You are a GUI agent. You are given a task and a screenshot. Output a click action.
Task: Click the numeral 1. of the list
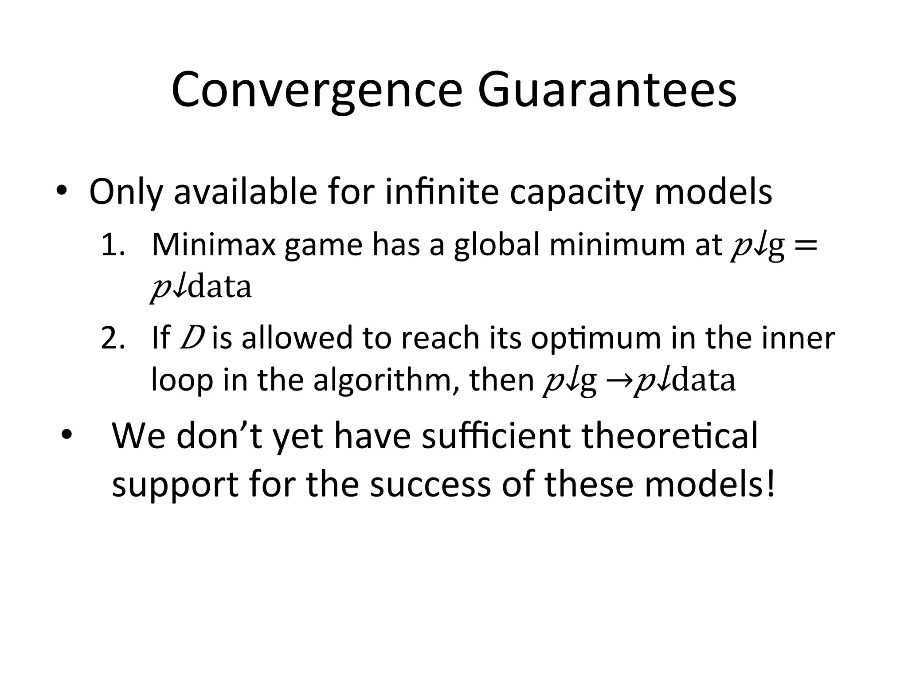pos(113,245)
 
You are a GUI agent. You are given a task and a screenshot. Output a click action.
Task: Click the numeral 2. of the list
pos(113,338)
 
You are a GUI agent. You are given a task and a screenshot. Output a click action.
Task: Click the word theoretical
pos(669,436)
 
